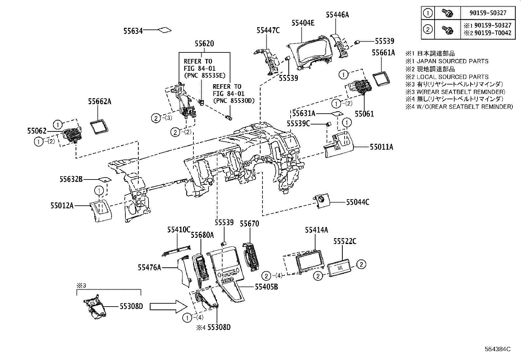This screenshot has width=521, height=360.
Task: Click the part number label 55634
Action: pos(133,31)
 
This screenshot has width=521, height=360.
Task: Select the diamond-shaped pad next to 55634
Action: pos(165,30)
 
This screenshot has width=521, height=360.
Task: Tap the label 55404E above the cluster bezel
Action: pos(303,23)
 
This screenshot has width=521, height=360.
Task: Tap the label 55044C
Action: pos(358,202)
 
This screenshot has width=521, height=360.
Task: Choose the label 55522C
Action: pos(345,241)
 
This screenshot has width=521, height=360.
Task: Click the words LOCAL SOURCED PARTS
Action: pos(453,77)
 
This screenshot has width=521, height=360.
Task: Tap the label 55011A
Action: pos(382,147)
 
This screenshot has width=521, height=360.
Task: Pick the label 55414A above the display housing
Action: pos(316,230)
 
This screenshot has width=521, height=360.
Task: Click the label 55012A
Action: pos(62,206)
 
